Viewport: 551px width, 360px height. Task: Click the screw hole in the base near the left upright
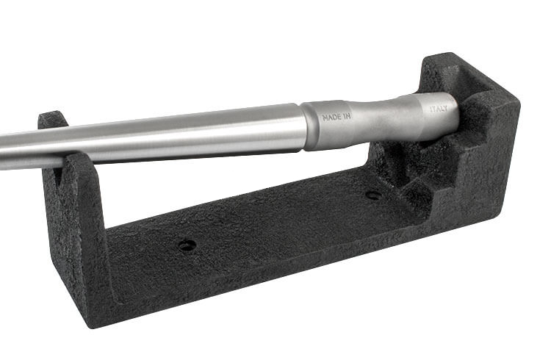click(187, 245)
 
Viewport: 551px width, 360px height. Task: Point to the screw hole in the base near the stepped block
click(374, 195)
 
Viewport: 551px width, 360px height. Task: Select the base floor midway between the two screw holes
click(279, 220)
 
